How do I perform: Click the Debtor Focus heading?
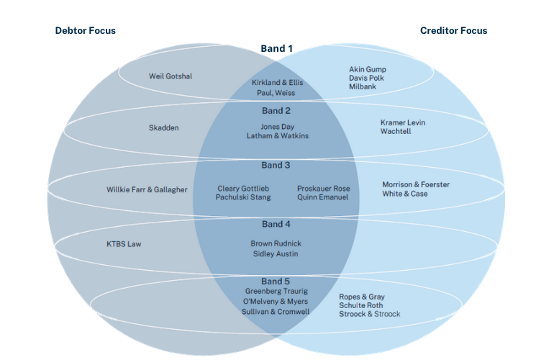pyautogui.click(x=85, y=31)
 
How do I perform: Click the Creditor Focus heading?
pyautogui.click(x=453, y=31)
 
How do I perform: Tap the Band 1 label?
pyautogui.click(x=276, y=49)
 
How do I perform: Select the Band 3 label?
pyautogui.click(x=276, y=166)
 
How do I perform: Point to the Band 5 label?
pyautogui.click(x=276, y=280)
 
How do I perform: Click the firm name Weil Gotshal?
pyautogui.click(x=171, y=76)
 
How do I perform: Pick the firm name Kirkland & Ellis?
pyautogui.click(x=276, y=83)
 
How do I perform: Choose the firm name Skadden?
pyautogui.click(x=163, y=128)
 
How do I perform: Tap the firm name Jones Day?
pyautogui.click(x=277, y=127)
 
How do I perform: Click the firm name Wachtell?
pyautogui.click(x=396, y=132)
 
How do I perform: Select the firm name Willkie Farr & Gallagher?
pyautogui.click(x=147, y=190)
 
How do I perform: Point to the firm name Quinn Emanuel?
pyautogui.click(x=322, y=198)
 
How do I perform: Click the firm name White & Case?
pyautogui.click(x=405, y=194)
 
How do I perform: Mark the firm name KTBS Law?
pyautogui.click(x=124, y=244)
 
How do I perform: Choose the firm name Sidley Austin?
pyautogui.click(x=276, y=254)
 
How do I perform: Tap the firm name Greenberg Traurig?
pyautogui.click(x=276, y=292)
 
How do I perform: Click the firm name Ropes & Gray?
pyautogui.click(x=362, y=297)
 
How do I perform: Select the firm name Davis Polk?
pyautogui.click(x=367, y=78)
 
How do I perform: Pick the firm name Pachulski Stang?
pyautogui.click(x=243, y=198)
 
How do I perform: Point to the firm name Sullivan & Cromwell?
pyautogui.click(x=276, y=312)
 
